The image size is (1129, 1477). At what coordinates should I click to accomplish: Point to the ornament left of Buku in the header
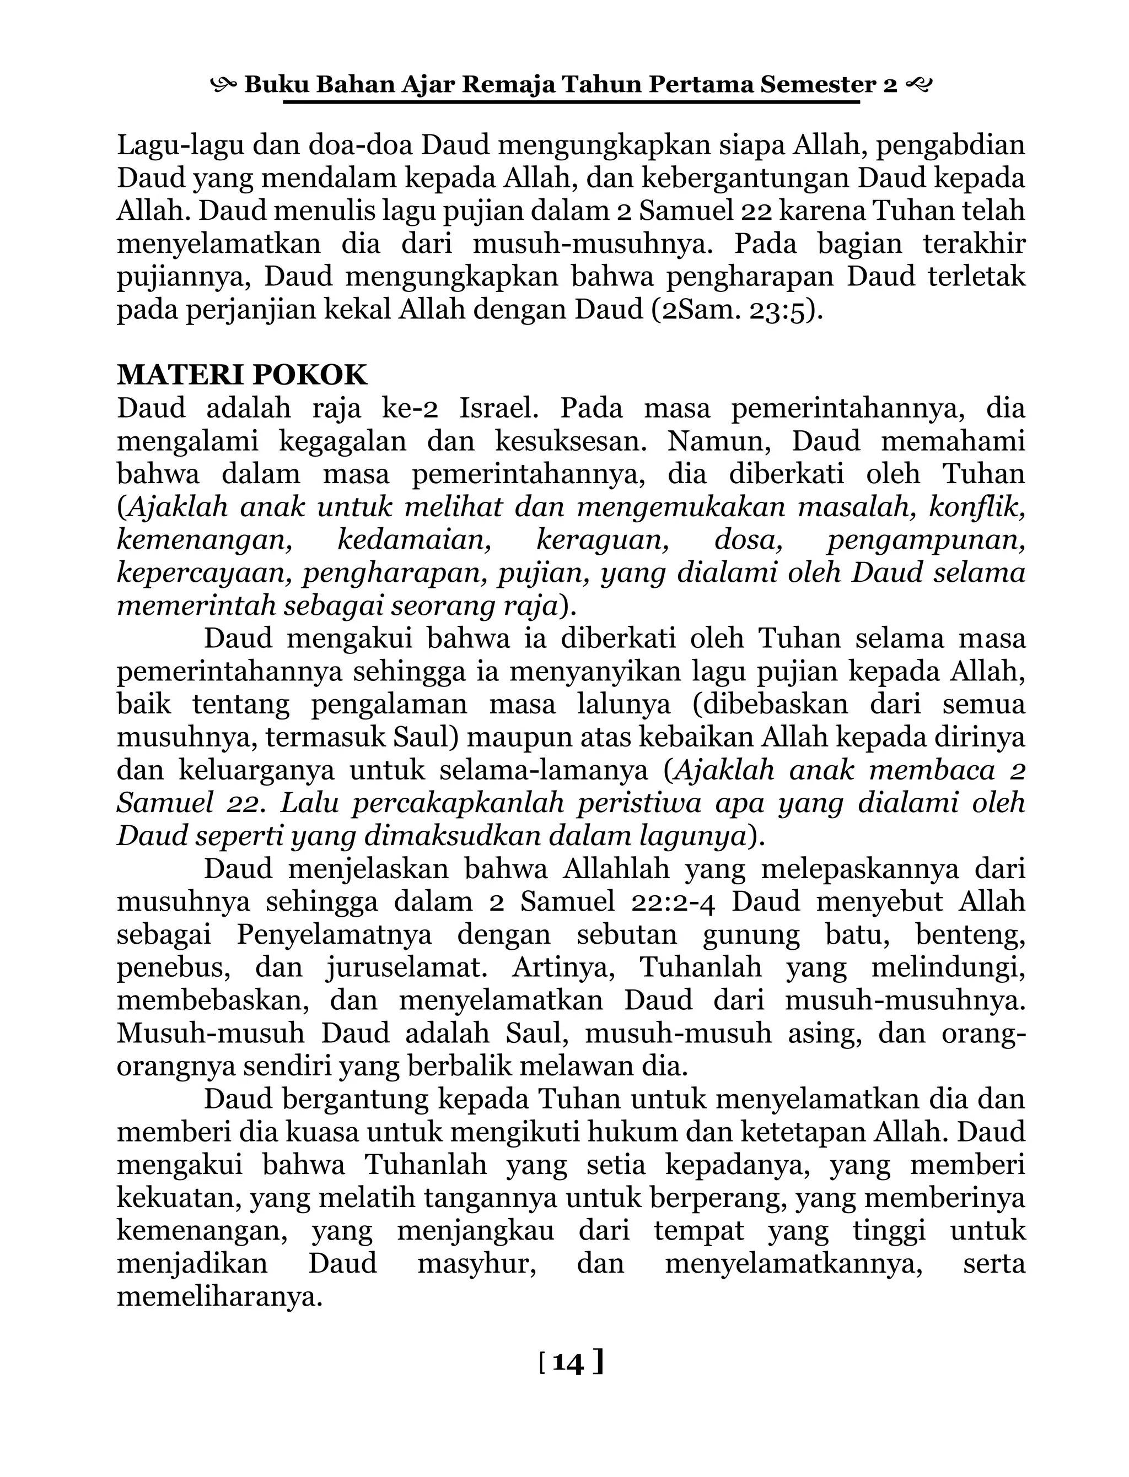(224, 85)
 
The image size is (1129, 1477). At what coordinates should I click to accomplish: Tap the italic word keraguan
(602, 540)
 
